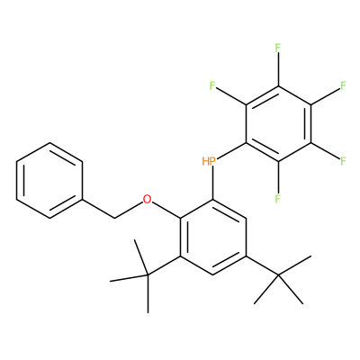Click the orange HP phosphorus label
[x=209, y=161]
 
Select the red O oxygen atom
[x=147, y=199]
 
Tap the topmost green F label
[x=278, y=48]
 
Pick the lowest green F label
[x=278, y=198]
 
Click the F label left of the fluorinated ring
[x=213, y=85]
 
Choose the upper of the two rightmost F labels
[x=343, y=85]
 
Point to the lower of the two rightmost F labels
[x=343, y=161]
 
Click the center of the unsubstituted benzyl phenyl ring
[x=49, y=180]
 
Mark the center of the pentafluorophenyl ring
[x=278, y=123]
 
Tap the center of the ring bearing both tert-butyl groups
[x=213, y=237]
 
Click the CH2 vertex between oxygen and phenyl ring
[x=115, y=218]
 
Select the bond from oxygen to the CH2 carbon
[x=129, y=210]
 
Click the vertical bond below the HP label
[x=213, y=183]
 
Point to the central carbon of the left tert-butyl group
[x=148, y=274]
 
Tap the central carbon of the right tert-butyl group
[x=278, y=274]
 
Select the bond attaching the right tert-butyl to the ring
[x=262, y=265]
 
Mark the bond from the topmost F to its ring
[x=278, y=69]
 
